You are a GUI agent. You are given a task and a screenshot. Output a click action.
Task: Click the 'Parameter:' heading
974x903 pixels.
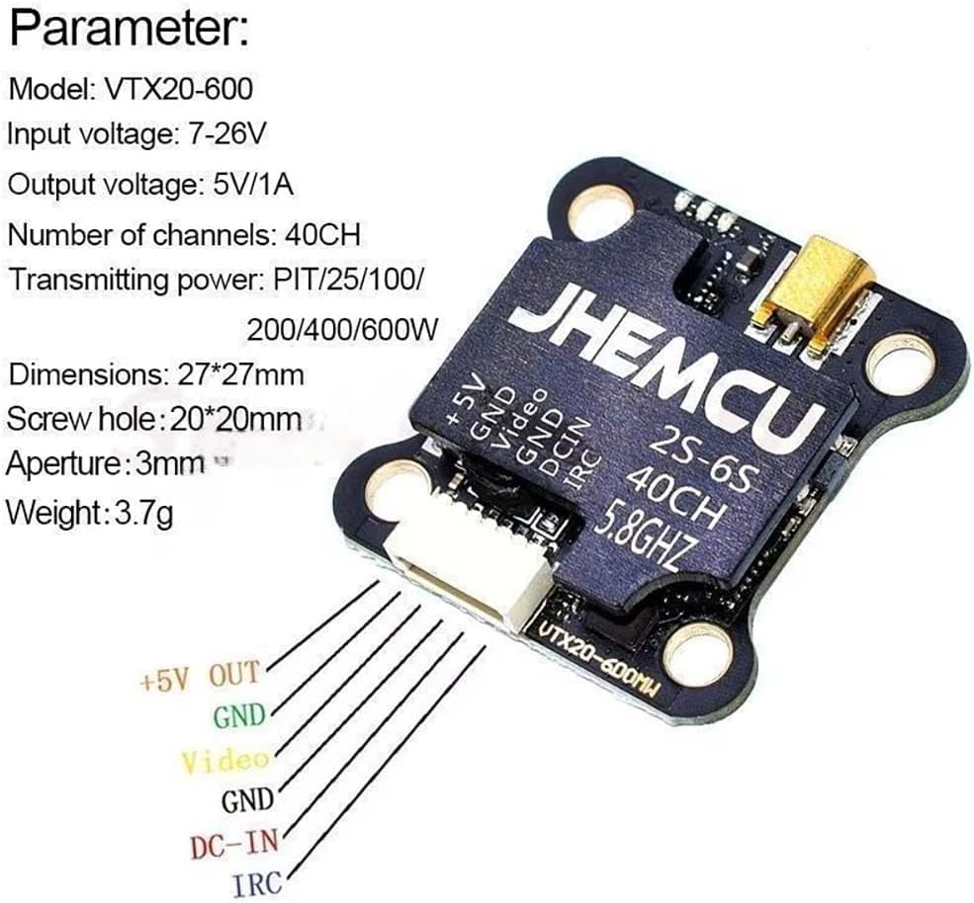(x=130, y=30)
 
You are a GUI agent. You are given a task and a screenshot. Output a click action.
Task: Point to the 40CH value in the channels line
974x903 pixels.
(x=320, y=236)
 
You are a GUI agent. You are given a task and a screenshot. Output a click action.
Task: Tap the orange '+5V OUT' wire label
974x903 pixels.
(x=201, y=677)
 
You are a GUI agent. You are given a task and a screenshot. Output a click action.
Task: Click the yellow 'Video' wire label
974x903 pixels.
(x=225, y=760)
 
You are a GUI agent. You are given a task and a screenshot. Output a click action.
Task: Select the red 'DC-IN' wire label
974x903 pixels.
(x=234, y=843)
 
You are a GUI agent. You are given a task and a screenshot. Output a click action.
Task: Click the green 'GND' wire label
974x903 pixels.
(x=239, y=715)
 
